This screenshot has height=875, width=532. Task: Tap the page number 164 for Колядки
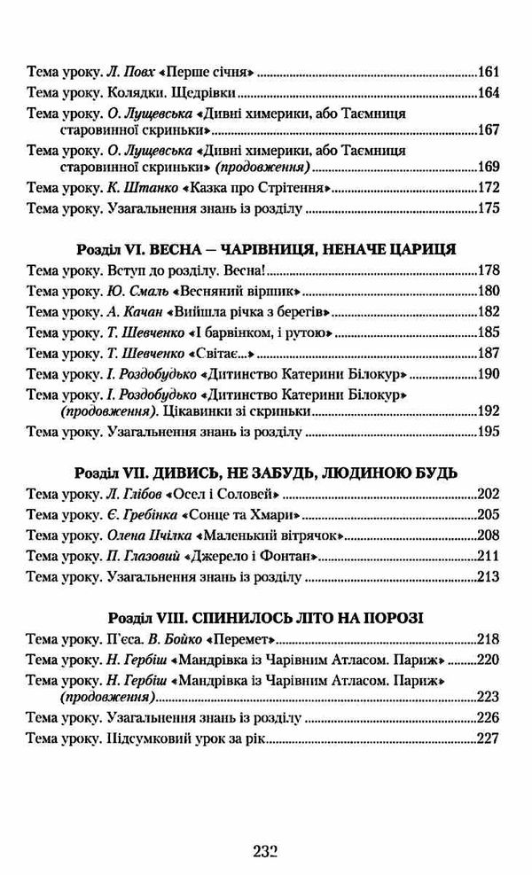coord(489,94)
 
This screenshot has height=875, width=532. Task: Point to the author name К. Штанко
coord(128,188)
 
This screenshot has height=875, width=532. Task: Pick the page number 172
coord(489,188)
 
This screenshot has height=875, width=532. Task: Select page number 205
coord(489,515)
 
